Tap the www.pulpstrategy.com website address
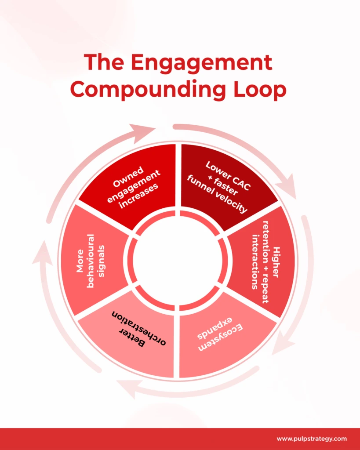tap(312, 439)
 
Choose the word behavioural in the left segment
tap(91, 261)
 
